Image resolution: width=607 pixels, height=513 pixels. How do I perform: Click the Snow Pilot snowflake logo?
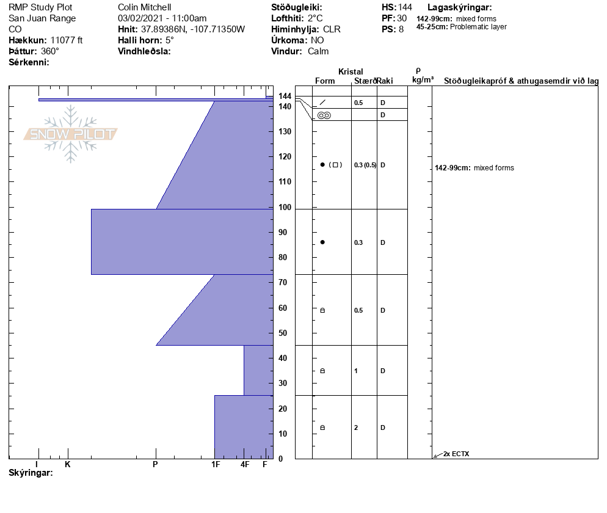pyautogui.click(x=70, y=134)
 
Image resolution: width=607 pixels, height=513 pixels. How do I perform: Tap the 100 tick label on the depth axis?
pyautogui.click(x=285, y=207)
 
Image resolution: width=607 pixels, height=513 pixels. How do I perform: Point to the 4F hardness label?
pyautogui.click(x=245, y=464)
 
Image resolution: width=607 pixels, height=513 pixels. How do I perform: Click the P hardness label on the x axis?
pyautogui.click(x=155, y=464)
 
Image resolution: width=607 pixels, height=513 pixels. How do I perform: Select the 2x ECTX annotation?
pyautogui.click(x=456, y=454)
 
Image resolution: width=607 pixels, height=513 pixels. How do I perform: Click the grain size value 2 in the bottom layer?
pyautogui.click(x=356, y=428)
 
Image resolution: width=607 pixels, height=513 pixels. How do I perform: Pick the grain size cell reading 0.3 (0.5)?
pyautogui.click(x=365, y=165)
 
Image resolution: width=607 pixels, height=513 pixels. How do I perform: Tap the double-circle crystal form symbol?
pyautogui.click(x=324, y=115)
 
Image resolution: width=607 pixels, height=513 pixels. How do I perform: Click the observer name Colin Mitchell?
pyautogui.click(x=144, y=7)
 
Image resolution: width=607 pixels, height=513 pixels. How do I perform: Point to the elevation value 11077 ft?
pyautogui.click(x=66, y=40)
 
